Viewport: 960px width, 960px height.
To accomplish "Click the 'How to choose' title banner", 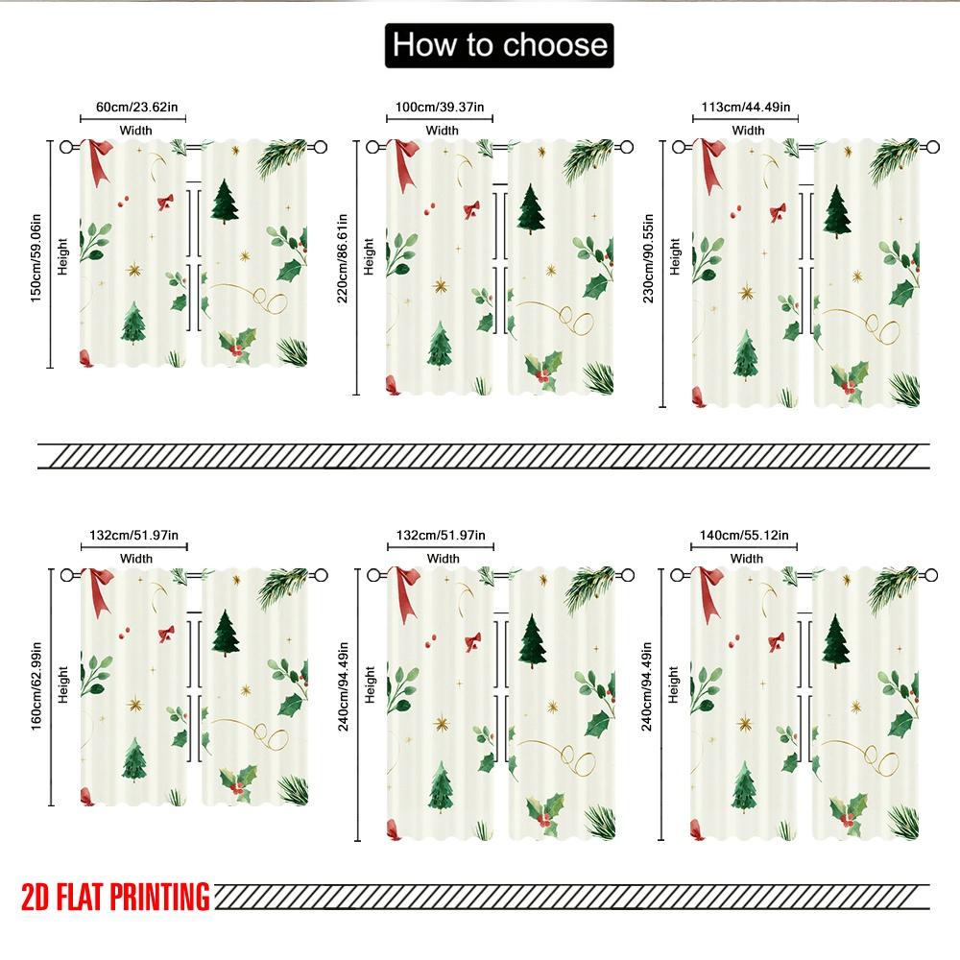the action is click(499, 45).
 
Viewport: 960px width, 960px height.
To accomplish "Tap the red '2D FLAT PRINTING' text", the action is click(116, 897).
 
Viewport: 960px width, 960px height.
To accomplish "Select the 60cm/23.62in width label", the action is click(136, 108).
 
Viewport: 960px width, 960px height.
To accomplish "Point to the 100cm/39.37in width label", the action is click(440, 108).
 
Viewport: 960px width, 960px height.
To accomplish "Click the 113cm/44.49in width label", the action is click(745, 108).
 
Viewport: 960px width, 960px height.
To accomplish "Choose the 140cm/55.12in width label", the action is click(744, 535).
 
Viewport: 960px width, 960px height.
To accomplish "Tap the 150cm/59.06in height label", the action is click(36, 257).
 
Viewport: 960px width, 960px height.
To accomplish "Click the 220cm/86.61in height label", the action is click(343, 258).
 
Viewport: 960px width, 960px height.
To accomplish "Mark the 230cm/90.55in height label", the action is click(648, 258).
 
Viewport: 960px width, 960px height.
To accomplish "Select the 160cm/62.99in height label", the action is click(36, 685).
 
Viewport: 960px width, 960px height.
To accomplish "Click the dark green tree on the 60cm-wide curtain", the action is click(225, 202).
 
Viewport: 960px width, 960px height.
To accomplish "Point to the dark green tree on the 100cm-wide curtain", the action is click(531, 209).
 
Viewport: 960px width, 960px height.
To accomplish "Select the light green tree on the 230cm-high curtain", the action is click(745, 355).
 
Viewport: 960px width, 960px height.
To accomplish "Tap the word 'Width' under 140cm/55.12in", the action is click(746, 559).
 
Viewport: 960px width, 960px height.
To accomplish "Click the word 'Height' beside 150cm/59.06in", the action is click(62, 256).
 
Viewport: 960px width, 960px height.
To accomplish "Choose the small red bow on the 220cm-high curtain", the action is click(471, 210).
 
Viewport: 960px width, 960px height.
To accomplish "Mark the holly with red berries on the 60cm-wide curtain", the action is click(237, 346).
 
